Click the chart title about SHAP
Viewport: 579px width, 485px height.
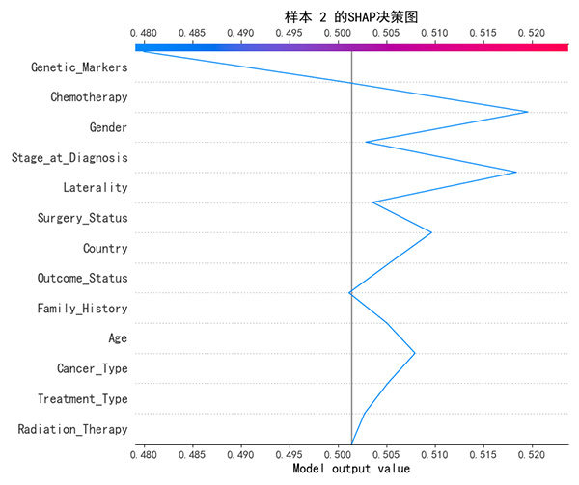(x=351, y=16)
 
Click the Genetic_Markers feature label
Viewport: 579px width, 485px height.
(x=79, y=67)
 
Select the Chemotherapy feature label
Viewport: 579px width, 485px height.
(x=89, y=97)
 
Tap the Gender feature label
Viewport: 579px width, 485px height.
(x=108, y=127)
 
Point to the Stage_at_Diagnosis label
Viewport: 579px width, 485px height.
(x=69, y=157)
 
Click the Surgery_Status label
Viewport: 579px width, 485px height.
(x=82, y=218)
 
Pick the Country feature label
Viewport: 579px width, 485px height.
(x=105, y=248)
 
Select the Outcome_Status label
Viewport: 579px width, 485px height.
(x=82, y=278)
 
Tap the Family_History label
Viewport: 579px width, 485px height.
(x=82, y=309)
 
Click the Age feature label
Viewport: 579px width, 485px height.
(x=118, y=338)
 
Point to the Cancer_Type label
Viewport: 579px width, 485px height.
(x=92, y=368)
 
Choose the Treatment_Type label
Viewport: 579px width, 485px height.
(x=82, y=398)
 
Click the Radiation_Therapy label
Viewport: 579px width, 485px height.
(x=72, y=429)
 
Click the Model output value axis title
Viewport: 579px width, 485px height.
(x=351, y=470)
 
